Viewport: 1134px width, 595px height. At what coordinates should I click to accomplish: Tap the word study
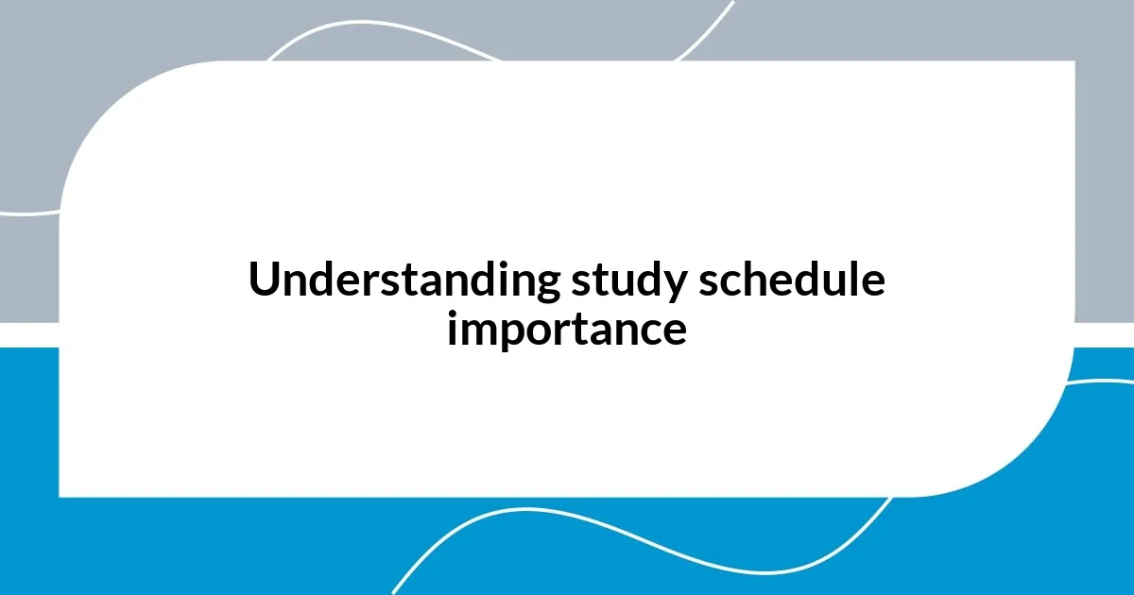[x=624, y=280]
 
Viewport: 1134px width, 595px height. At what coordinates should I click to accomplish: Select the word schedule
[x=792, y=280]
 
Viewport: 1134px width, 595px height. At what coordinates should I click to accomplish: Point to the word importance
[x=567, y=330]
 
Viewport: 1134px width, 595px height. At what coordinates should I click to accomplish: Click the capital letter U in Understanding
[x=263, y=280]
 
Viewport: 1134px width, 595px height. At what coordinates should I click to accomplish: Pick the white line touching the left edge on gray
[x=24, y=213]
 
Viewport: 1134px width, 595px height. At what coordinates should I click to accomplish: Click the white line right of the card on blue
[x=1106, y=382]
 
